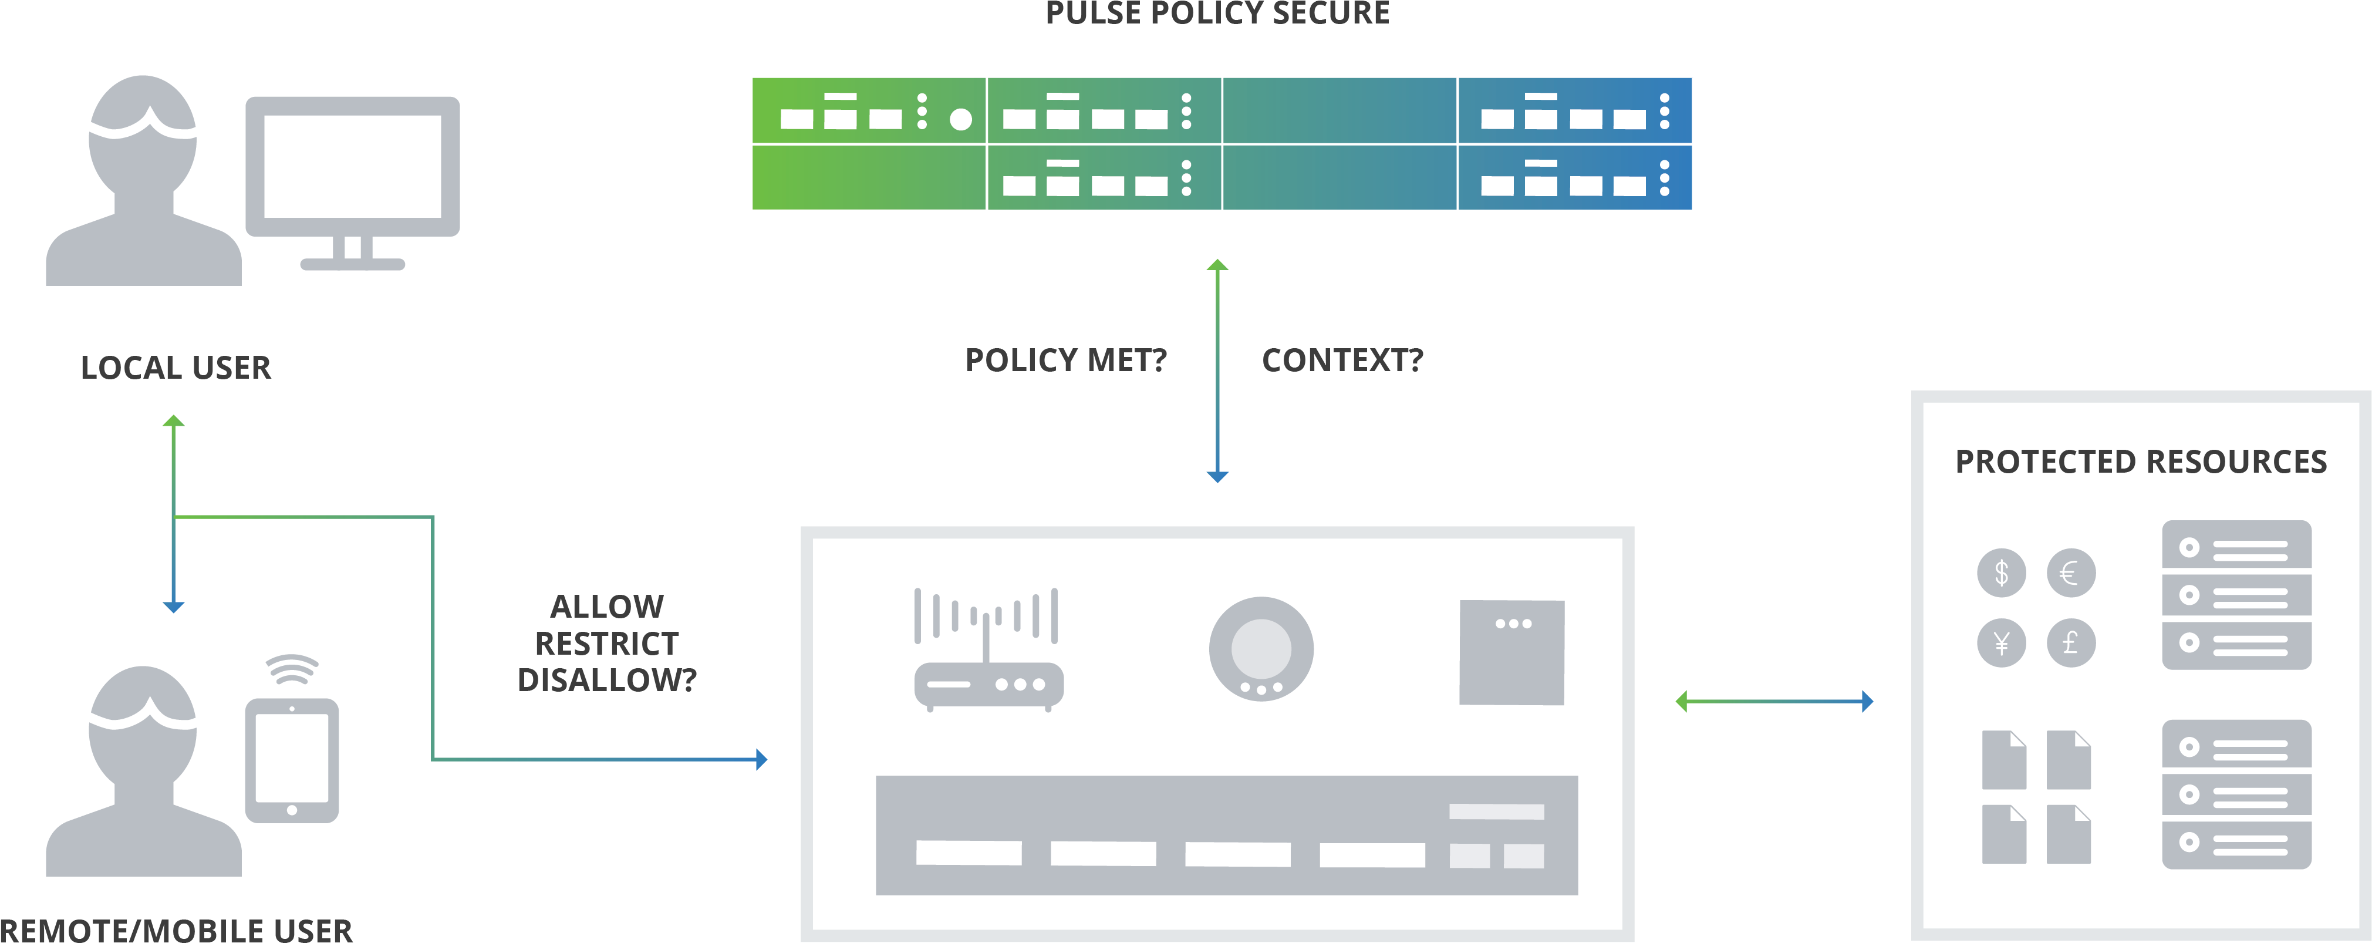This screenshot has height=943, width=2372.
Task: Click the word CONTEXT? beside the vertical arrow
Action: [x=1342, y=360]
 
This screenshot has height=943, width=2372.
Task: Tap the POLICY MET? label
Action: [x=1065, y=360]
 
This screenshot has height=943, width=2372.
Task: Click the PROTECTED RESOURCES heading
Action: [x=2141, y=462]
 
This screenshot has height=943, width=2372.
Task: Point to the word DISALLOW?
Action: [x=607, y=679]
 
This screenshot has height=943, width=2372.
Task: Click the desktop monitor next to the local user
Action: [x=353, y=170]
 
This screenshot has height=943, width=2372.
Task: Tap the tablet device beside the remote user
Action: [x=292, y=760]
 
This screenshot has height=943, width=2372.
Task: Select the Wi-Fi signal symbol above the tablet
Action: [x=292, y=669]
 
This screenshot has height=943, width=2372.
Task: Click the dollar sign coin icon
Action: [x=2001, y=573]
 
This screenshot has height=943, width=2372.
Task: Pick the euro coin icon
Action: [x=2071, y=573]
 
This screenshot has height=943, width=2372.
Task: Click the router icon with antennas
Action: [x=988, y=649]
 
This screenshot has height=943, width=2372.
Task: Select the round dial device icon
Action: [x=1261, y=648]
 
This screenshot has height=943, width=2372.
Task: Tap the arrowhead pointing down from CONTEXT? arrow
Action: [x=1217, y=477]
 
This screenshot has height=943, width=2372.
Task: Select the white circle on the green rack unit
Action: [x=960, y=119]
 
